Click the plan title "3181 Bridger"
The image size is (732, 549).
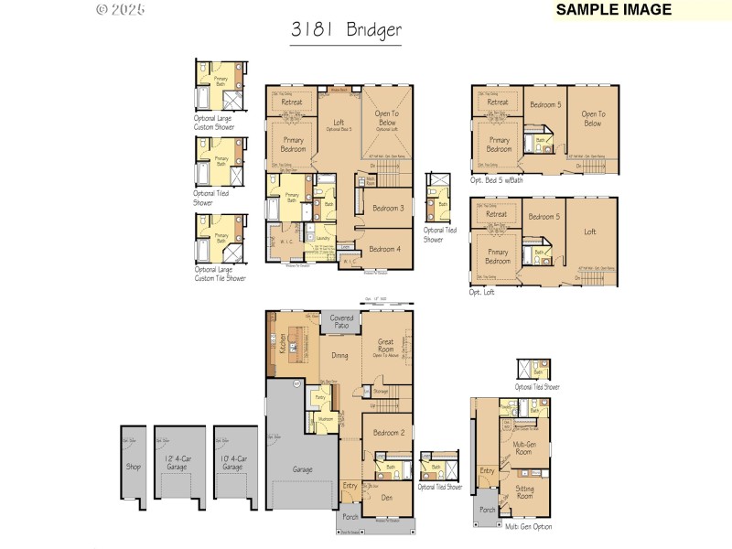pyautogui.click(x=346, y=29)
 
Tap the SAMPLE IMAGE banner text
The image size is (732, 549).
pyautogui.click(x=614, y=10)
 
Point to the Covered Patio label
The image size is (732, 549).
pyautogui.click(x=341, y=321)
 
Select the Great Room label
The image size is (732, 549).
pyautogui.click(x=385, y=346)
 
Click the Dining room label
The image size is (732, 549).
pyautogui.click(x=339, y=356)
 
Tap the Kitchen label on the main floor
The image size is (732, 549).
pyautogui.click(x=283, y=343)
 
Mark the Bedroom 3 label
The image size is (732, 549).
pyautogui.click(x=387, y=209)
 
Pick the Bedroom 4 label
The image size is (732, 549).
pyautogui.click(x=384, y=249)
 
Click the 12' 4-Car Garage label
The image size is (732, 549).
pyautogui.click(x=178, y=463)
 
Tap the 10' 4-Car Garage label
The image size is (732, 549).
pyautogui.click(x=233, y=463)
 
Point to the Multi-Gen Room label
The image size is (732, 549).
pyautogui.click(x=523, y=447)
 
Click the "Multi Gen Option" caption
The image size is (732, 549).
pyautogui.click(x=530, y=527)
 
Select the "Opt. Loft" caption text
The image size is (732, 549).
pyautogui.click(x=482, y=293)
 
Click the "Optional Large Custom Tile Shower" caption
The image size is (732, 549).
pyautogui.click(x=220, y=274)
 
